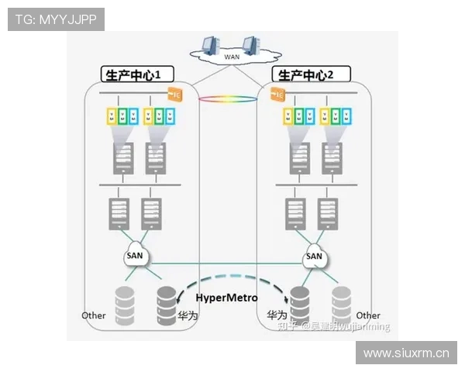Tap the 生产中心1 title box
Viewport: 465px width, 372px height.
click(136, 75)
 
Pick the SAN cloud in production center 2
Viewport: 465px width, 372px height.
click(314, 256)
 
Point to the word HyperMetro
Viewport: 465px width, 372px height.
click(226, 298)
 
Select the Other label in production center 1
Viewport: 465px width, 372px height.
click(94, 315)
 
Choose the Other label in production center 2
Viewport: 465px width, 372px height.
click(368, 315)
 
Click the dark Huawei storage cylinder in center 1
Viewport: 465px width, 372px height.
click(167, 305)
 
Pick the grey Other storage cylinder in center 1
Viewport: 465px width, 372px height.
click(125, 305)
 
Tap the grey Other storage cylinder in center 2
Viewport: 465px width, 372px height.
click(341, 305)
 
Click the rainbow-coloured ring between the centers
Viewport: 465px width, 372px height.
click(228, 100)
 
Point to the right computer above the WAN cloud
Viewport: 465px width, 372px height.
click(250, 44)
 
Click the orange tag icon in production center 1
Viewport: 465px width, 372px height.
click(175, 95)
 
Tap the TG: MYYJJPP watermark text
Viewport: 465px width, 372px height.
click(56, 19)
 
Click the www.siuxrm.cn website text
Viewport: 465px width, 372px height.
click(406, 353)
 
